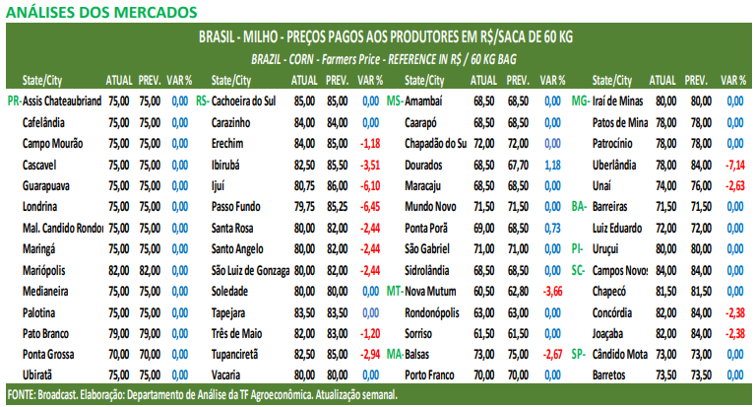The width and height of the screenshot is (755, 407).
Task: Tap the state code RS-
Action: click(202, 101)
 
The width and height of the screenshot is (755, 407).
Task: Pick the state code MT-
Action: click(394, 291)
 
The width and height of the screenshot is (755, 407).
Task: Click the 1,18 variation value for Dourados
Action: click(553, 164)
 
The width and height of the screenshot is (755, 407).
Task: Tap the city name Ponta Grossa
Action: click(50, 354)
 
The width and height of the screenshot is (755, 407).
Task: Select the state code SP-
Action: click(579, 354)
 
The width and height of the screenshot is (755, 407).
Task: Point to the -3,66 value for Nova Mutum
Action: click(553, 291)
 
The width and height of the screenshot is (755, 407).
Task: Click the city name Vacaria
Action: click(227, 375)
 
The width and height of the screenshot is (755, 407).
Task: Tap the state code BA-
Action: click(579, 206)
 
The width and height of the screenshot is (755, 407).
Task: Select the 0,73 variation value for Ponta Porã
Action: click(553, 228)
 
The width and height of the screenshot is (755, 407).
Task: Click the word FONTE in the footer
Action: click(20, 394)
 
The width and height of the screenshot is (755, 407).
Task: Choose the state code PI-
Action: click(578, 248)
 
